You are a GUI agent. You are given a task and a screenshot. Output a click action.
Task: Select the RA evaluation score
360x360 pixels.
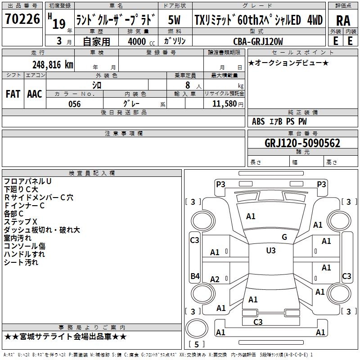(x=343, y=20)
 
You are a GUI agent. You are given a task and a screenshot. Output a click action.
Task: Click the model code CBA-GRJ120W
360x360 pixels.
(x=258, y=41)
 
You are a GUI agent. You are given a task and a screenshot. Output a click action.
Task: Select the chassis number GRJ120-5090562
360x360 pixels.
(x=302, y=144)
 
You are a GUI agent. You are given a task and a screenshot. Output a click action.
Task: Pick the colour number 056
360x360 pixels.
(x=75, y=104)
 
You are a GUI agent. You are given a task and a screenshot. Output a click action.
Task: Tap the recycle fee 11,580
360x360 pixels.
(x=223, y=104)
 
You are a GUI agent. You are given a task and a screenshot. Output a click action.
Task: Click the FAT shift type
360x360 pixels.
(x=13, y=94)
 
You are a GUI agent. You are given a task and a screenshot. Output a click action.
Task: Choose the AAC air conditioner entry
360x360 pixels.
(x=35, y=94)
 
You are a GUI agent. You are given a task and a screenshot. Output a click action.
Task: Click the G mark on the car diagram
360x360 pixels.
(x=284, y=237)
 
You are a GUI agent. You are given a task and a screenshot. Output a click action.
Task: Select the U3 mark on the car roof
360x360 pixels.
(x=270, y=251)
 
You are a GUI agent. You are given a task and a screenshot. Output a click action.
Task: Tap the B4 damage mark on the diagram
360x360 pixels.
(x=194, y=276)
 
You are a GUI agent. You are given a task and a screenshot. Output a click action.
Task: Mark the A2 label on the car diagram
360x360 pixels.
(x=215, y=279)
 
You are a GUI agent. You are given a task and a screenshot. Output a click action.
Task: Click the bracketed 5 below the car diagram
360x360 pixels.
(x=197, y=344)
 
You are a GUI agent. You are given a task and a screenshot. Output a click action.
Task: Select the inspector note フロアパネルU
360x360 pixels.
(x=27, y=181)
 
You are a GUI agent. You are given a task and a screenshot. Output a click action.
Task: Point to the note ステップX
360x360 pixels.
(x=20, y=222)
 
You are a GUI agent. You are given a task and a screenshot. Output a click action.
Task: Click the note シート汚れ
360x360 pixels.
(x=21, y=262)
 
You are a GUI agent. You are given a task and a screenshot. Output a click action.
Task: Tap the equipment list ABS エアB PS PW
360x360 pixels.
(x=280, y=121)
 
